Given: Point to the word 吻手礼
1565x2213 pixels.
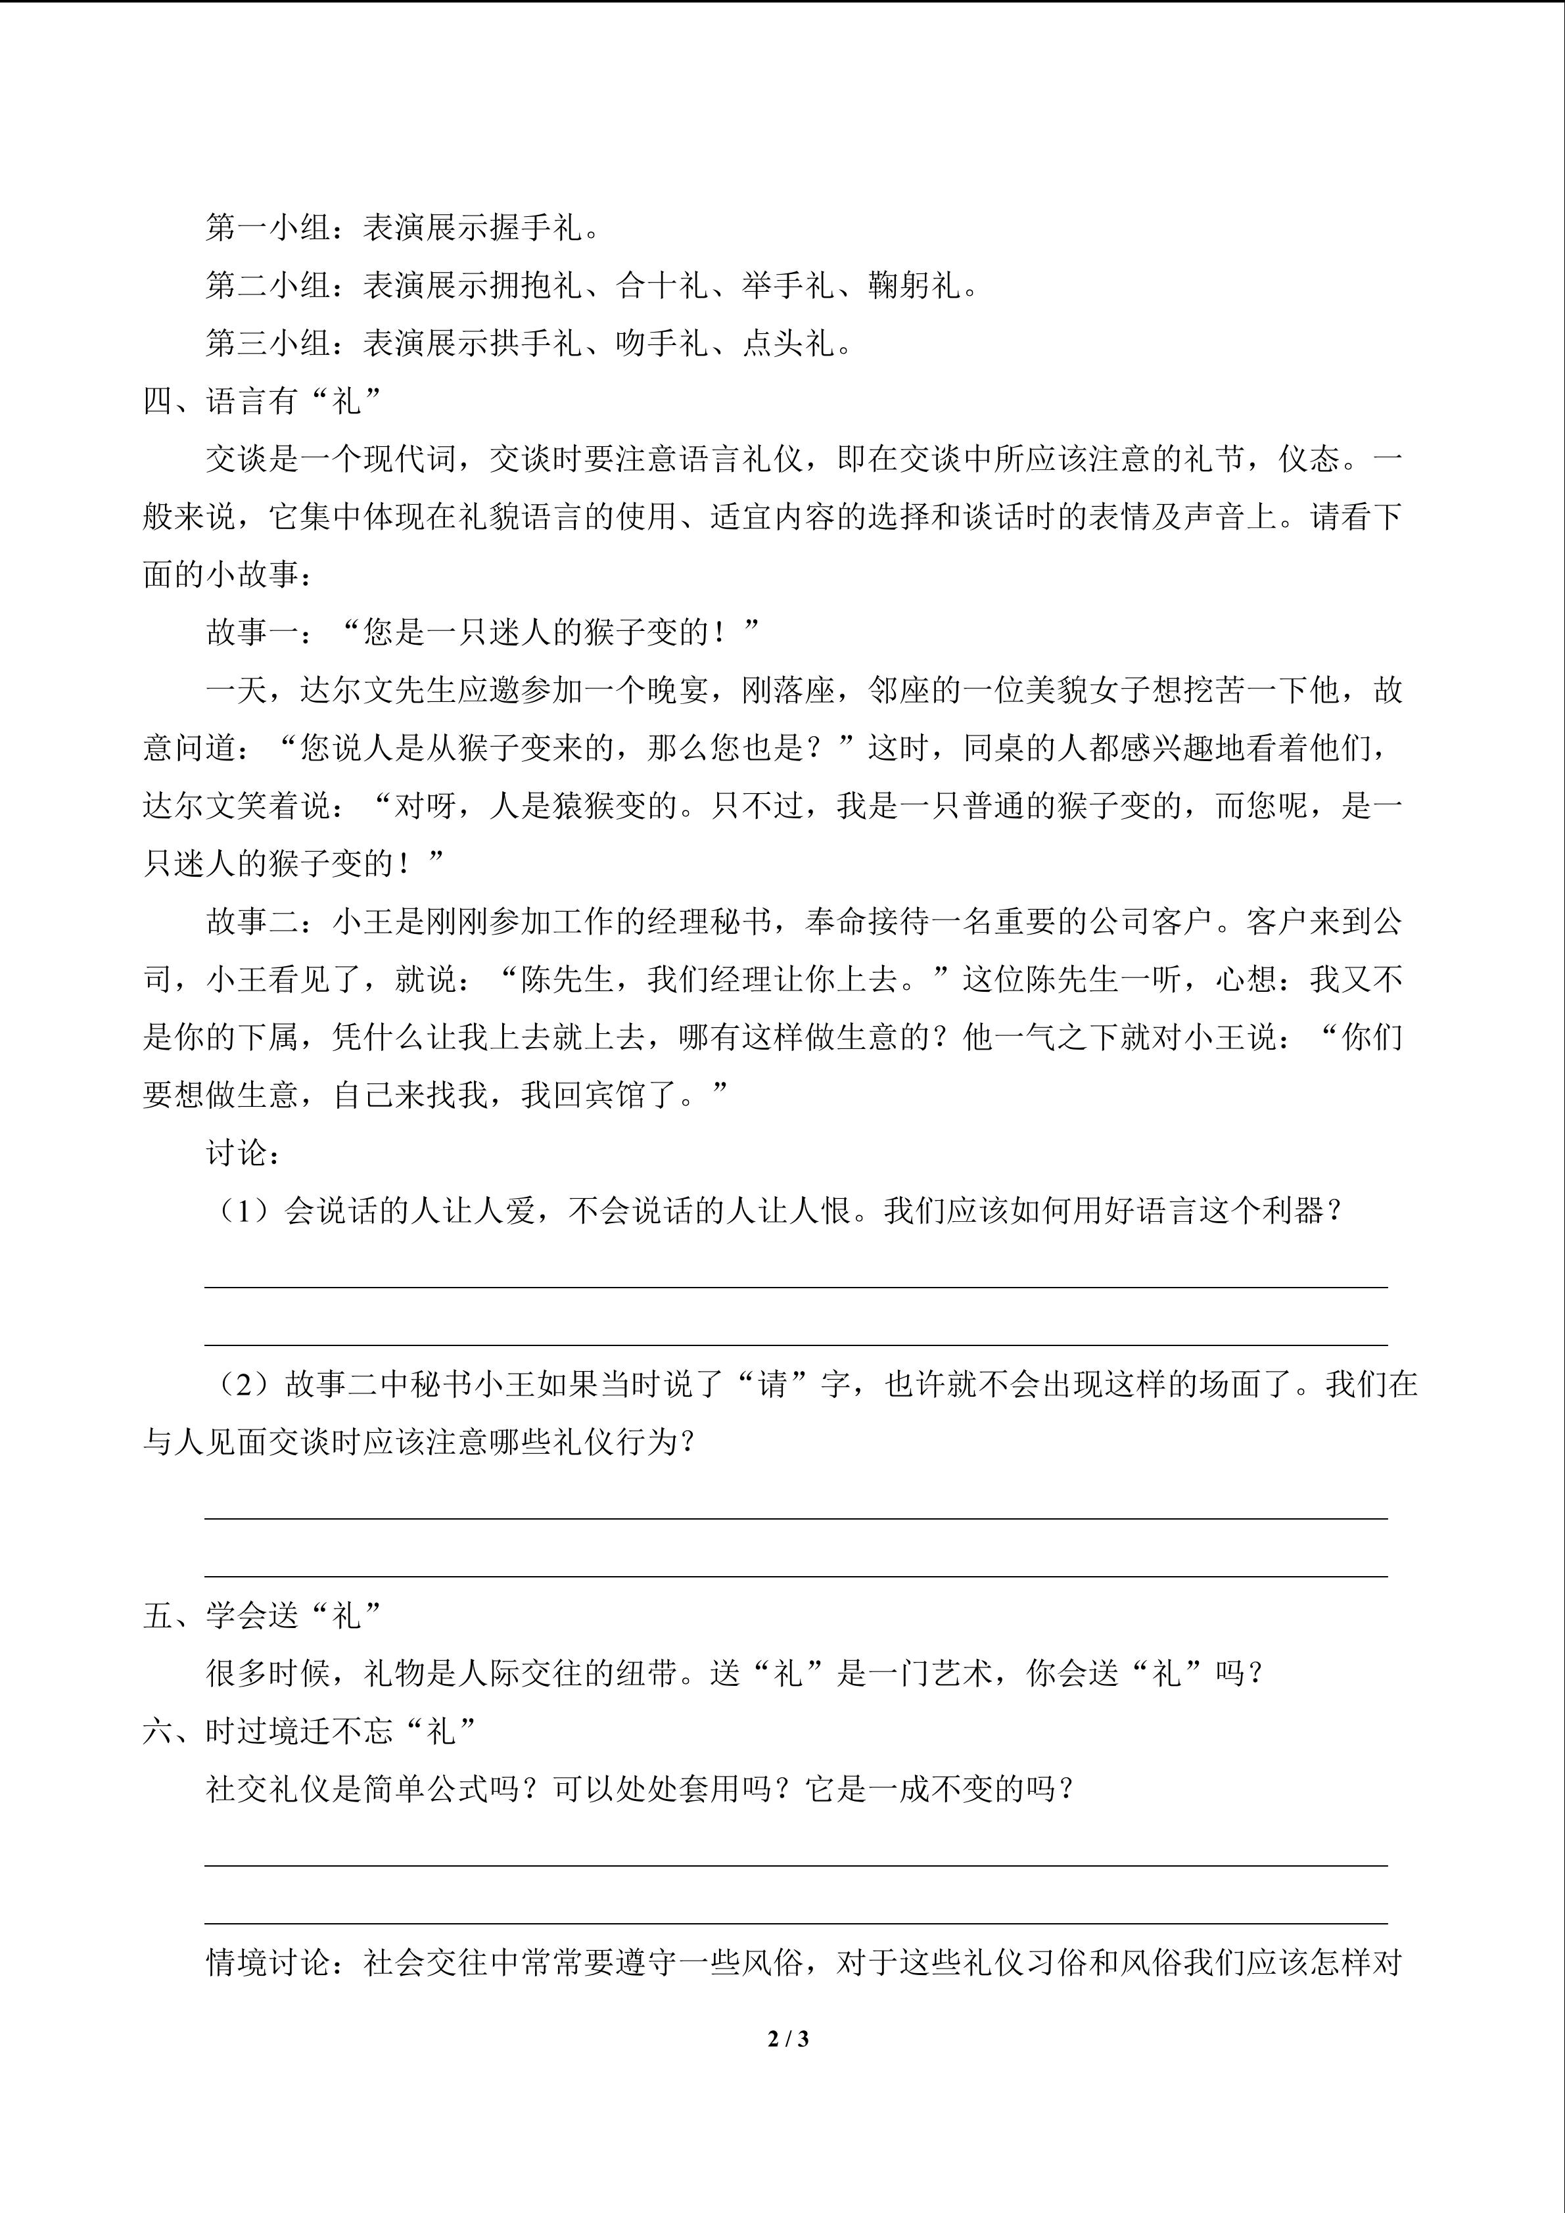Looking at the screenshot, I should pyautogui.click(x=662, y=343).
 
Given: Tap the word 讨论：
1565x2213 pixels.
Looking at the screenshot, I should pyautogui.click(x=243, y=1153).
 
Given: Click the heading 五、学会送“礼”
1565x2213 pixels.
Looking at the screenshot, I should pyautogui.click(x=263, y=1616).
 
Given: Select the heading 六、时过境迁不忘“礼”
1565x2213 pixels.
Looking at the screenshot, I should pyautogui.click(x=310, y=1731).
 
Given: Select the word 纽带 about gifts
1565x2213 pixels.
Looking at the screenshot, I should pyautogui.click(x=645, y=1673).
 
